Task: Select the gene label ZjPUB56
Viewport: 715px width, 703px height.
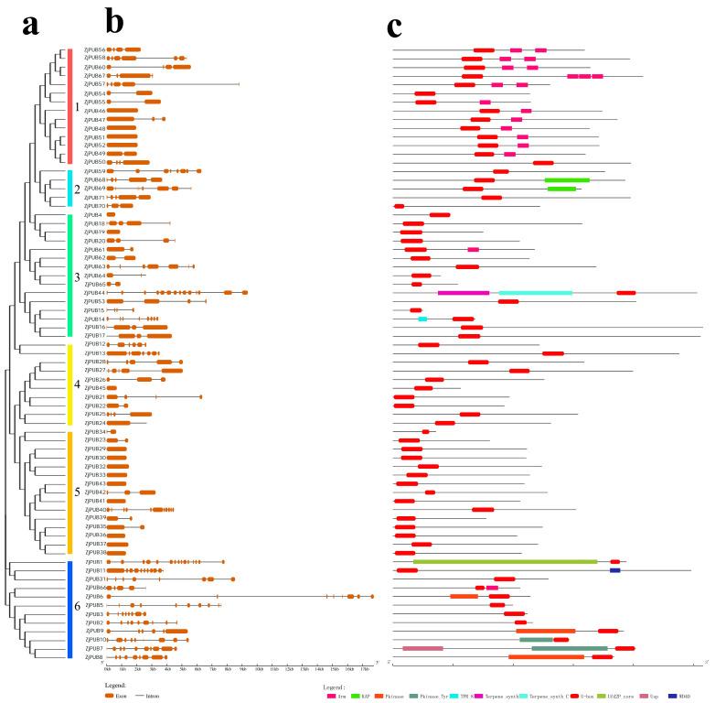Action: tap(94, 49)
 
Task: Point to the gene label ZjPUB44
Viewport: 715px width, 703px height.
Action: tap(94, 293)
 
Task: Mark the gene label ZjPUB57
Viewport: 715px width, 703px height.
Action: tap(94, 84)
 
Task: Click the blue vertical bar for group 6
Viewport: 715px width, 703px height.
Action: tap(70, 609)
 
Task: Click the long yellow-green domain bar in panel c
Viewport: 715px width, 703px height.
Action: tap(505, 562)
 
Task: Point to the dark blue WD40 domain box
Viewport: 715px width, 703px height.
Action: tap(615, 570)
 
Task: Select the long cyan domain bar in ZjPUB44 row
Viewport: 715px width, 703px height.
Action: tap(535, 293)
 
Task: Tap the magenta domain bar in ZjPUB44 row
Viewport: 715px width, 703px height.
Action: tap(463, 293)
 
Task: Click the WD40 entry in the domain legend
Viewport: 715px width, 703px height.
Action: tap(685, 695)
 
